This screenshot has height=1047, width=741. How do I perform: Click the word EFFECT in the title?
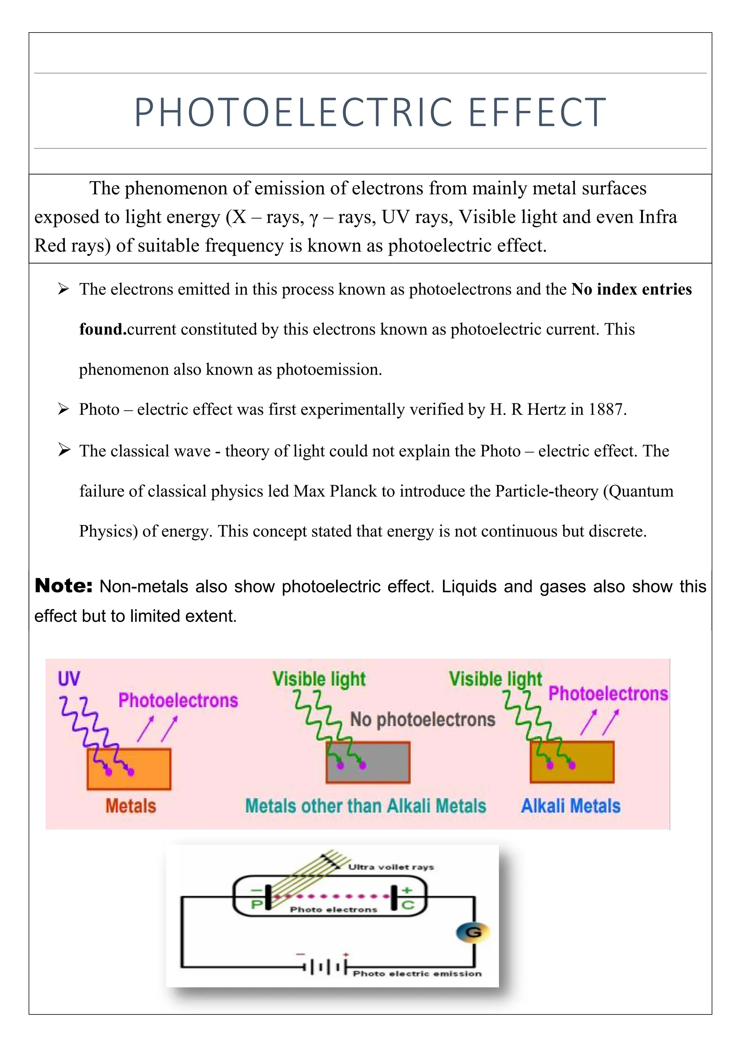(x=538, y=113)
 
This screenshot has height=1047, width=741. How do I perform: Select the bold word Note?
(x=63, y=586)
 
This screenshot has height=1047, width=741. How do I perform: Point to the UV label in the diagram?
(x=69, y=679)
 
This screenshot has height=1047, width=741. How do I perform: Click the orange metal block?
(x=129, y=769)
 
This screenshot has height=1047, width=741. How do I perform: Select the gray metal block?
(x=368, y=762)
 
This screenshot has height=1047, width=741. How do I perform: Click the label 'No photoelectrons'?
(x=423, y=719)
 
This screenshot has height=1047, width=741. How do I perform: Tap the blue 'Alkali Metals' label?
(x=571, y=806)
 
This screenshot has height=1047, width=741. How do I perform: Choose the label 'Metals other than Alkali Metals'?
(x=365, y=806)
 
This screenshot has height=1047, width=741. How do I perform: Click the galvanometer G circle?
(x=473, y=932)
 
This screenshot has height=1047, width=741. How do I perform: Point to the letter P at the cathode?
(x=257, y=905)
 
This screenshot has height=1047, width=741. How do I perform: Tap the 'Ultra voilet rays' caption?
(x=391, y=867)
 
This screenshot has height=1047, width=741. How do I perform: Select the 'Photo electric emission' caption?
(x=417, y=974)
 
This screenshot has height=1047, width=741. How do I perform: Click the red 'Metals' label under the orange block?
(x=131, y=806)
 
